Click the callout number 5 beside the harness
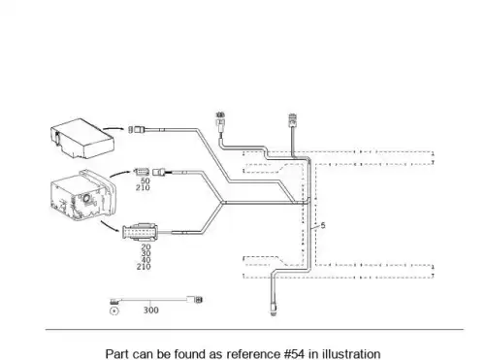pos(323,225)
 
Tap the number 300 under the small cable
pos(151,311)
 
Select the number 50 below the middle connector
pos(145,180)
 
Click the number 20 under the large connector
pos(145,246)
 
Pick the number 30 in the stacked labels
pos(145,253)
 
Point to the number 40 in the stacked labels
pos(145,260)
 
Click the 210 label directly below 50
pos(143,187)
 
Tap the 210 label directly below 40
pos(144,267)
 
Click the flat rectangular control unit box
pos(82,139)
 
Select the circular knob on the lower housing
pos(86,199)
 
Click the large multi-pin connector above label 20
pos(140,232)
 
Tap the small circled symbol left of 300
pos(114,311)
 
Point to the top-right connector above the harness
pos(293,119)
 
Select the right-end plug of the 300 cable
pos(198,300)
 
